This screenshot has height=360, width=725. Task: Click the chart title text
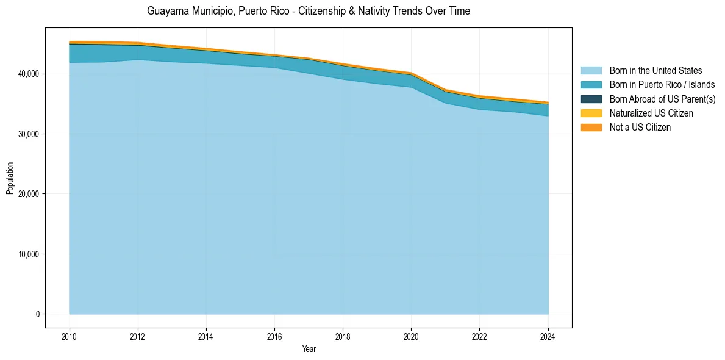(x=309, y=12)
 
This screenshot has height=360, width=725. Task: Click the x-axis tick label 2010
(x=70, y=336)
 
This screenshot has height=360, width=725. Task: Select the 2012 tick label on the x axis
(x=138, y=336)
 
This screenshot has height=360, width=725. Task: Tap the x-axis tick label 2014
(x=206, y=336)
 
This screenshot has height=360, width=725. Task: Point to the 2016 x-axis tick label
(x=274, y=336)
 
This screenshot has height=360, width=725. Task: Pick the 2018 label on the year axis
(x=343, y=336)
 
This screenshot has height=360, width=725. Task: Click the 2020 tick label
(x=411, y=336)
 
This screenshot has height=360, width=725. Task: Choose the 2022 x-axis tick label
(x=479, y=336)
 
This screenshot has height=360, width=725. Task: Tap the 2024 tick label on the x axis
(x=548, y=336)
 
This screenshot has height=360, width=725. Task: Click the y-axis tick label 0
(x=37, y=314)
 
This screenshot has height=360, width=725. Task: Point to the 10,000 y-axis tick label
(x=29, y=254)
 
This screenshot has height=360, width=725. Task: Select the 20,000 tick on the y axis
(x=29, y=194)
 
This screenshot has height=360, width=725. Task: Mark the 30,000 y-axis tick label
(x=29, y=134)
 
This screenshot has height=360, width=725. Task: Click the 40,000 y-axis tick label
(x=29, y=74)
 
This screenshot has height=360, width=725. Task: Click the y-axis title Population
(x=10, y=178)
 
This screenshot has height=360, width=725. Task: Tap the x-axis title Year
(x=309, y=349)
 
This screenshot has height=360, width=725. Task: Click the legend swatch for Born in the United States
(x=591, y=71)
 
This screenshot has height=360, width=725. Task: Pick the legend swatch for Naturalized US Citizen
(x=591, y=113)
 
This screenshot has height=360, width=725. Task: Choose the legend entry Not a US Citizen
(x=640, y=127)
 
